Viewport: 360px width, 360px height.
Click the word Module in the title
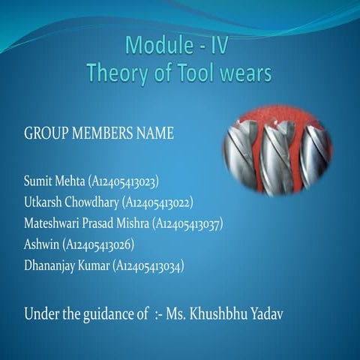click(154, 46)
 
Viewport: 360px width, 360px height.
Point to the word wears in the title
click(245, 73)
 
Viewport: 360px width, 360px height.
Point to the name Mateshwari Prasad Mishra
click(86, 223)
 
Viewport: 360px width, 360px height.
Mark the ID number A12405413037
click(188, 223)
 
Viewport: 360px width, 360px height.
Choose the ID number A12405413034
click(148, 265)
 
